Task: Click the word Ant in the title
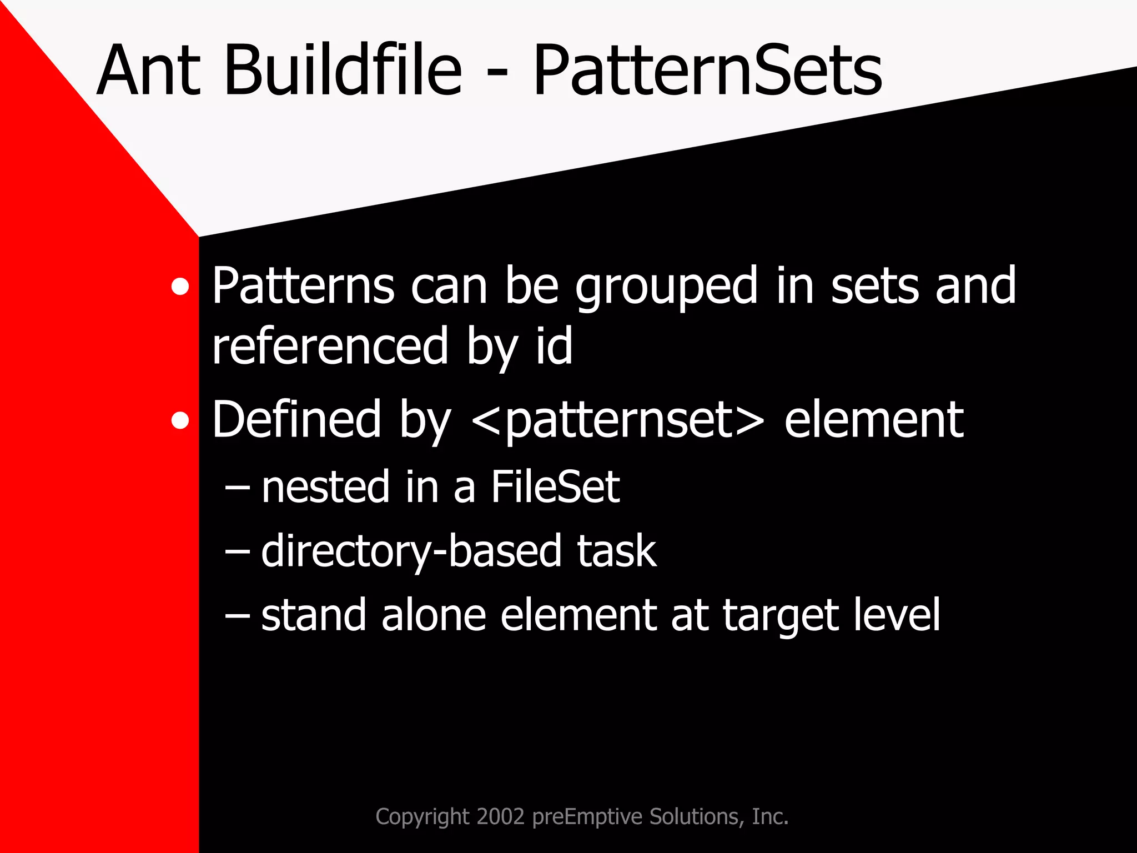[x=148, y=71]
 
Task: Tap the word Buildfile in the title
[x=343, y=71]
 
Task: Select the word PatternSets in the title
[x=707, y=71]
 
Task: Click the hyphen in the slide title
[x=499, y=75]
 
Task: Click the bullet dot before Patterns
[x=180, y=287]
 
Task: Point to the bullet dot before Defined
[x=180, y=421]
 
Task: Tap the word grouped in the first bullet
[x=666, y=287]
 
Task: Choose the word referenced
[x=330, y=347]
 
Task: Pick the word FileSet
[x=555, y=487]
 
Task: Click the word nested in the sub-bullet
[x=325, y=487]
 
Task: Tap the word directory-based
[x=411, y=551]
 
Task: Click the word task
[x=616, y=551]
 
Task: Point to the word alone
[x=434, y=615]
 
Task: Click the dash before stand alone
[x=237, y=616]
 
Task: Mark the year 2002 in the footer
[x=500, y=816]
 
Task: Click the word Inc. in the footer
[x=770, y=816]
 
